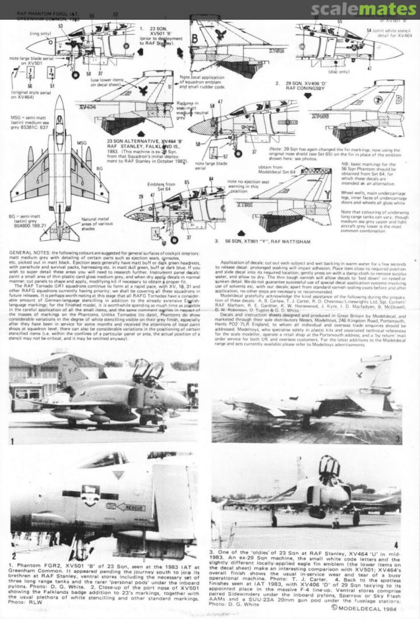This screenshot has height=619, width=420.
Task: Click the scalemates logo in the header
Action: pos(364,10)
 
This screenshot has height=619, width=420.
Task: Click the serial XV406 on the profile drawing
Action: pos(320,116)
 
